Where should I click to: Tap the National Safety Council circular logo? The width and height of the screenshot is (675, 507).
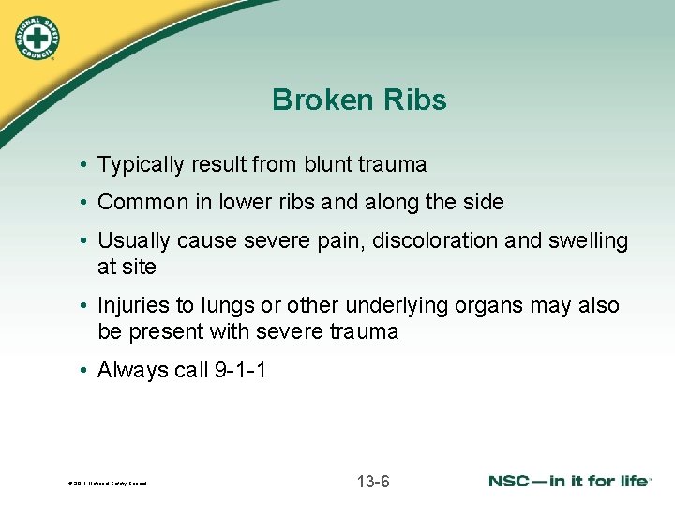pyautogui.click(x=37, y=38)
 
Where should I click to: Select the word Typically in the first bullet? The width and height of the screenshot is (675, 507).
pyautogui.click(x=141, y=165)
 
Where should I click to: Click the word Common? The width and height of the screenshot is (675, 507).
pyautogui.click(x=138, y=202)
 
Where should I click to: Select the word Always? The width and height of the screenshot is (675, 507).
pyautogui.click(x=133, y=371)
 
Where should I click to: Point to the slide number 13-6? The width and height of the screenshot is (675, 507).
pyautogui.click(x=373, y=483)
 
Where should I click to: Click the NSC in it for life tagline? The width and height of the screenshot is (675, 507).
pyautogui.click(x=570, y=482)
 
